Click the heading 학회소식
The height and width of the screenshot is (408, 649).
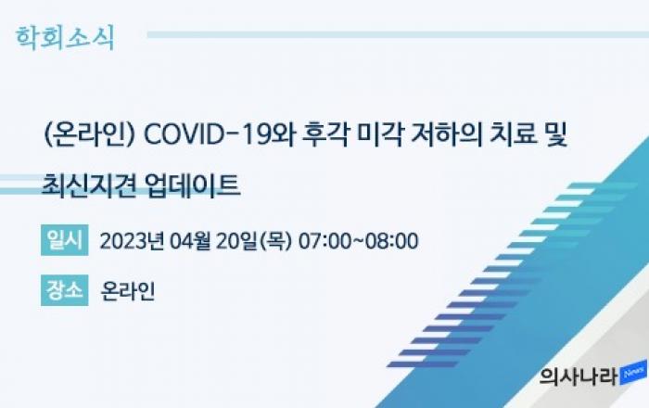[65, 38]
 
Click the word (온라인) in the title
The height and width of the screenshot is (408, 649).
[89, 134]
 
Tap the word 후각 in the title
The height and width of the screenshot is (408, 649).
[325, 134]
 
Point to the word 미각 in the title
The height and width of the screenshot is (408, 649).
[379, 134]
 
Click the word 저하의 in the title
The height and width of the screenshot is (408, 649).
[446, 134]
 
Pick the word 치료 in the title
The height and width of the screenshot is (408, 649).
[513, 134]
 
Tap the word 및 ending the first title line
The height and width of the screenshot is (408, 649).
[555, 134]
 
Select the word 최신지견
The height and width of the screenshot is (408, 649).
[89, 185]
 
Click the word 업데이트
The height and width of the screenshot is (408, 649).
[193, 185]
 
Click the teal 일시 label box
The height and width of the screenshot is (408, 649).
[65, 240]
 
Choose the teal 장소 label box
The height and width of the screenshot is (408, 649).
[65, 290]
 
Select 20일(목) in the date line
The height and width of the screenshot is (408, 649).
[254, 241]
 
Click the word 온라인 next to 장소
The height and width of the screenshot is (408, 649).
[128, 291]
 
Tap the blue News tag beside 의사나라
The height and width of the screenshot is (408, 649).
[633, 374]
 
